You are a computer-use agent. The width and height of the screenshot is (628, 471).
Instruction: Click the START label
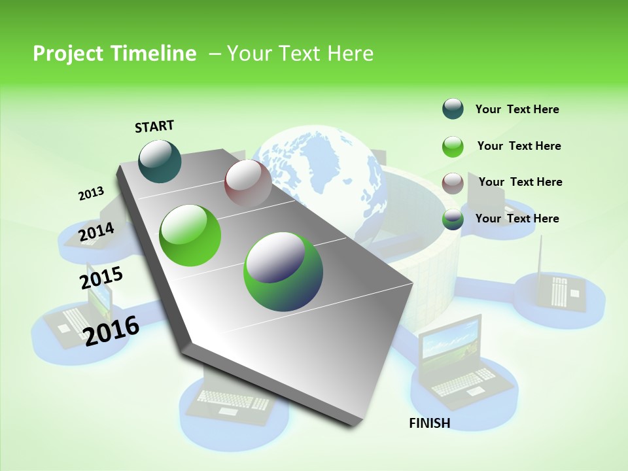tap(154, 126)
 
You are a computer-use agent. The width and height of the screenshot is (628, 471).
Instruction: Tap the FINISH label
tap(429, 423)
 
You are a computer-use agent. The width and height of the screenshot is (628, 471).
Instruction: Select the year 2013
tap(91, 194)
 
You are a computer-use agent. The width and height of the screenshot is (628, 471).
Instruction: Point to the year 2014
tap(96, 232)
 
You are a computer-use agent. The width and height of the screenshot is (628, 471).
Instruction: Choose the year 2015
tap(101, 278)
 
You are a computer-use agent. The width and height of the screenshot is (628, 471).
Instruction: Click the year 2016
tap(111, 330)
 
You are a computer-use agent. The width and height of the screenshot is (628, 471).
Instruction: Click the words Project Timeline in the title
tap(114, 54)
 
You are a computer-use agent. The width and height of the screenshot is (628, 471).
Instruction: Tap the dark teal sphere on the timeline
tap(160, 161)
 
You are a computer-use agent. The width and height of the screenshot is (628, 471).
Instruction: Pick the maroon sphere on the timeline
tap(248, 183)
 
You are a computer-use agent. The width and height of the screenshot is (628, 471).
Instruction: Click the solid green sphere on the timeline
tap(190, 235)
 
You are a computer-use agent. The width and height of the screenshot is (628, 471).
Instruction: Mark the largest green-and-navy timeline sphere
tap(283, 271)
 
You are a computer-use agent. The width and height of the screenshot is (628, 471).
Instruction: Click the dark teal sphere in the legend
tap(453, 109)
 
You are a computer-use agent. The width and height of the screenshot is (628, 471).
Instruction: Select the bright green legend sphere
tap(453, 146)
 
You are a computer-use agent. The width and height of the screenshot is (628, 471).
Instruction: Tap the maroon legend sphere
tap(453, 183)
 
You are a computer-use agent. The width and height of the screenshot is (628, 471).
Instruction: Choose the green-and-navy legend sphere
tap(453, 219)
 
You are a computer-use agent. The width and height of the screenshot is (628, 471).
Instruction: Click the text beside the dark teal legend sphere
tap(517, 109)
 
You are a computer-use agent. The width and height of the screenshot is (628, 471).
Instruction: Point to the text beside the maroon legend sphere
tap(520, 182)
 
